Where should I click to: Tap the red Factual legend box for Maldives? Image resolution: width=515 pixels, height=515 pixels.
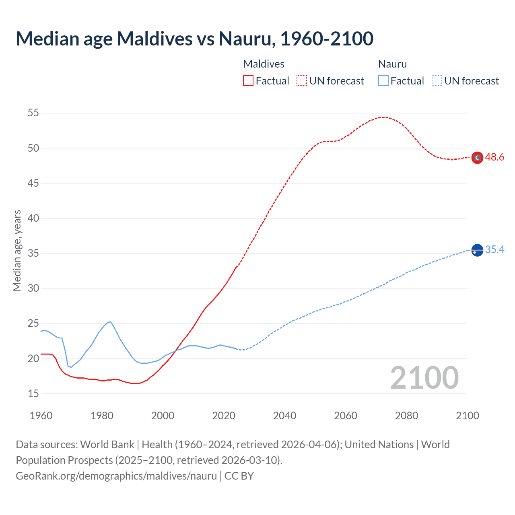coord(248,80)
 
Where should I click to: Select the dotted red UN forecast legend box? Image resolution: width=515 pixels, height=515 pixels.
coord(302,80)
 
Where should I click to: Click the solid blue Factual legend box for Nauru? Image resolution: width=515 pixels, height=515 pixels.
coord(383,80)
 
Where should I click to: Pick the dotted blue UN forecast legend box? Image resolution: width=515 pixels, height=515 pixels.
coord(437,80)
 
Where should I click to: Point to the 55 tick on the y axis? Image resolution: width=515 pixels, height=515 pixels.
coord(33,113)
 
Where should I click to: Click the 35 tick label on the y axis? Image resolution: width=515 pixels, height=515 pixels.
coord(33,253)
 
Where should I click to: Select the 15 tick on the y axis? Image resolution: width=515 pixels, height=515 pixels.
coord(33,393)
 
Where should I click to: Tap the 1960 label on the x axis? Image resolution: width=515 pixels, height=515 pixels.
coord(41,416)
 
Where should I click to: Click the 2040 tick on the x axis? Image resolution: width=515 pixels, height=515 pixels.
coord(284,416)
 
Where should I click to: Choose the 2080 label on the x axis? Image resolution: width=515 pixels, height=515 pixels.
coord(406,416)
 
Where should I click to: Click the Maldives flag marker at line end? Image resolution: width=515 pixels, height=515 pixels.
coord(477,158)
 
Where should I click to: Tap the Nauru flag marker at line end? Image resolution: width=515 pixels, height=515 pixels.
coord(477,250)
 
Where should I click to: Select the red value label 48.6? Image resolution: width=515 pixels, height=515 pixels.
coord(494,157)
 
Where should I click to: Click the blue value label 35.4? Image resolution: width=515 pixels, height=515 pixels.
coord(494,250)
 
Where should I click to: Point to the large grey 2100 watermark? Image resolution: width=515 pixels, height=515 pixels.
coord(424,378)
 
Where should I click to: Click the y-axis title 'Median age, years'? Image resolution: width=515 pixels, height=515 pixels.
coord(17,250)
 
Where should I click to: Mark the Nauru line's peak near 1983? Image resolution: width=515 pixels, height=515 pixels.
coord(110,321)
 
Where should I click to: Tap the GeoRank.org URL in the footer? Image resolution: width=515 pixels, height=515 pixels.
coord(116,476)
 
